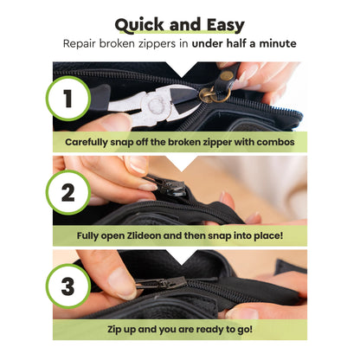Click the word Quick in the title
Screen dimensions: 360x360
(x=140, y=25)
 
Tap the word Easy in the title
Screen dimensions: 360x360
(x=226, y=25)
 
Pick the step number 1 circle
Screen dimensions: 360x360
(x=68, y=99)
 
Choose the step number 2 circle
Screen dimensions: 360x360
(x=68, y=192)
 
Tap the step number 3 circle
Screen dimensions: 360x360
(x=68, y=286)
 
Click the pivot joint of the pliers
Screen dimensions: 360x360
(x=156, y=104)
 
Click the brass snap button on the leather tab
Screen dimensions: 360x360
(x=227, y=75)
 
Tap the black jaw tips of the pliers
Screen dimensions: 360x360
(x=184, y=100)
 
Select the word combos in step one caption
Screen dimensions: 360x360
(x=275, y=142)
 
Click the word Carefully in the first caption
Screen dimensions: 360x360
(x=86, y=142)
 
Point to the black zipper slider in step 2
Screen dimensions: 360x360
(x=170, y=185)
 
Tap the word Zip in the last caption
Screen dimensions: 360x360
(x=113, y=330)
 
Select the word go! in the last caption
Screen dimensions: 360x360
(x=245, y=330)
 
